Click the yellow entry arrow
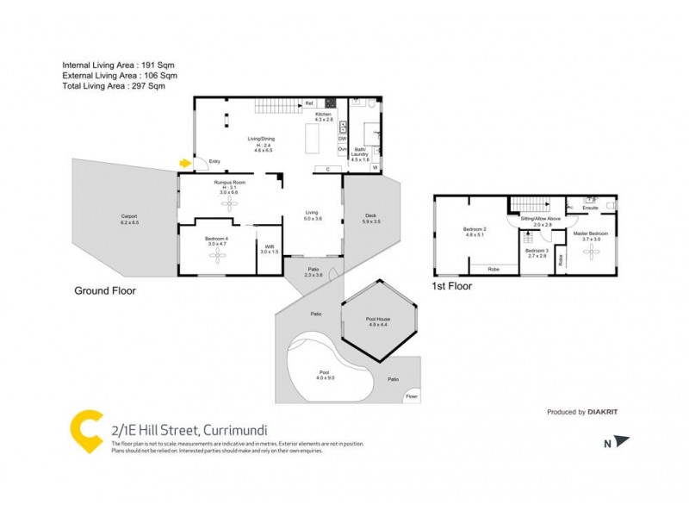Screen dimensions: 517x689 click(x=184, y=162)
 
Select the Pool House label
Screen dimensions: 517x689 click(x=379, y=321)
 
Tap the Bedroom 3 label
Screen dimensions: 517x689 click(x=537, y=252)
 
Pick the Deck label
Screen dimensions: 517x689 click(x=371, y=218)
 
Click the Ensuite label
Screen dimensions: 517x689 click(x=591, y=209)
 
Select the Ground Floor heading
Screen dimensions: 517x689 click(x=104, y=291)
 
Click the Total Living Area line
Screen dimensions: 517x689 click(x=113, y=85)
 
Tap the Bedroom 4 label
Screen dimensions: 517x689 click(x=217, y=241)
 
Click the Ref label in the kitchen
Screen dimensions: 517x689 click(x=309, y=103)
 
